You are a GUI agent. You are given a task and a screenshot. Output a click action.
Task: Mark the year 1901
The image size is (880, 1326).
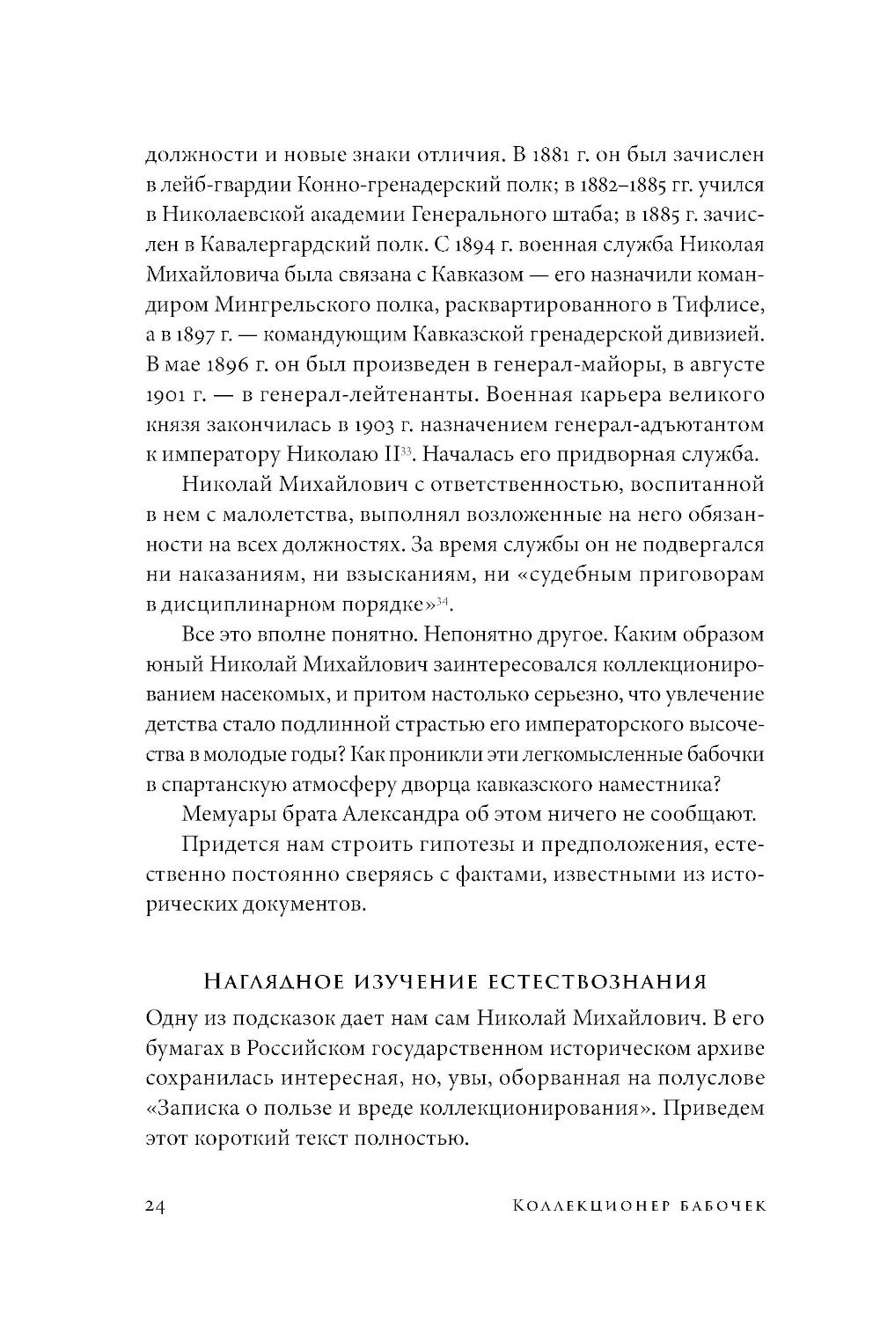click(161, 394)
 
